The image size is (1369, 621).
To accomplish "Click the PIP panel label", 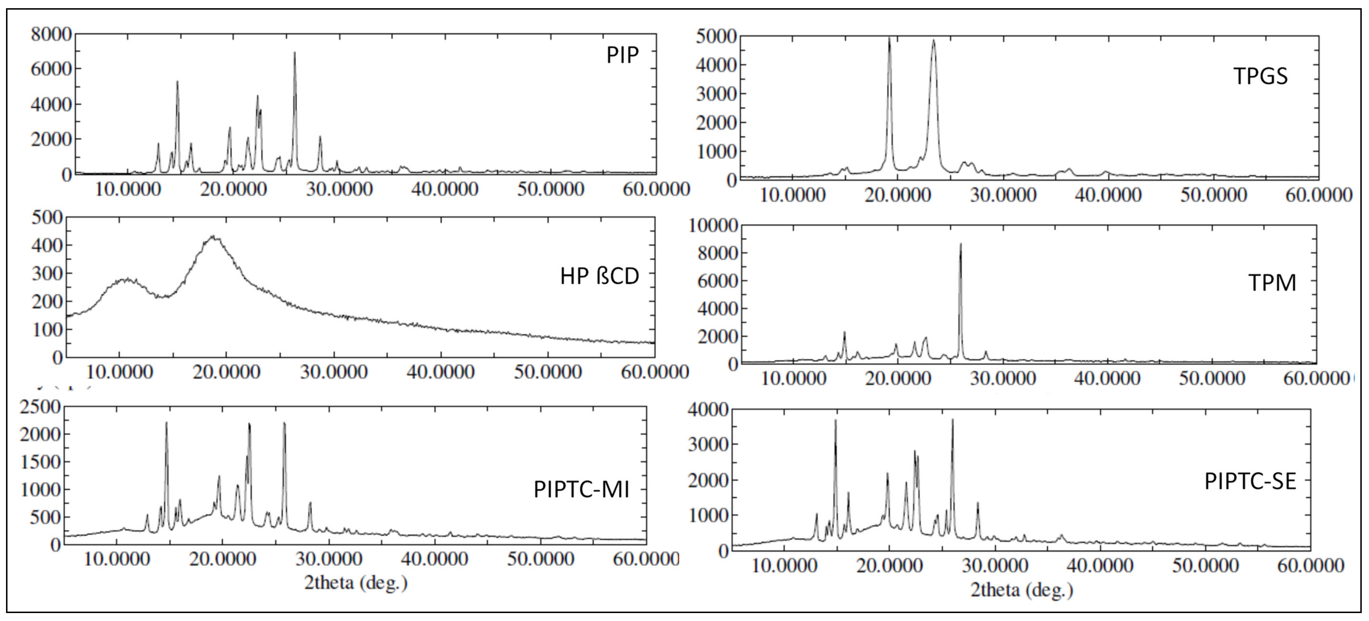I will [622, 55].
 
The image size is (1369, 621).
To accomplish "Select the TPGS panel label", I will [1260, 77].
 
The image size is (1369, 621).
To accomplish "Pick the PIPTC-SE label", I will [1250, 481].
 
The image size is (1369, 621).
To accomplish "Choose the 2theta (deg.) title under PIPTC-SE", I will [1022, 590].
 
